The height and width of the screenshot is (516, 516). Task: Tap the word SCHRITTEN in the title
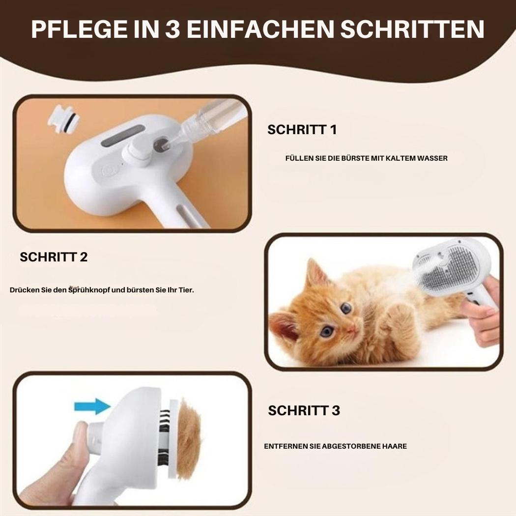pyautogui.click(x=412, y=29)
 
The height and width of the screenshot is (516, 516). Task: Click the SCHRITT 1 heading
pyautogui.click(x=302, y=130)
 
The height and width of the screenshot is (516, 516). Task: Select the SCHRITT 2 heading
pyautogui.click(x=54, y=257)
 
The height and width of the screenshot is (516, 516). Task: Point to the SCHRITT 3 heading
pyautogui.click(x=304, y=410)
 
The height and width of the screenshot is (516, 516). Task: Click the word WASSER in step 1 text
pyautogui.click(x=432, y=158)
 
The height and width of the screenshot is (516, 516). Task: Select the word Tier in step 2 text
pyautogui.click(x=185, y=290)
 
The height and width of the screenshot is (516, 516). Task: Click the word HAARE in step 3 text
pyautogui.click(x=394, y=446)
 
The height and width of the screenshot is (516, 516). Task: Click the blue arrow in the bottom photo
pyautogui.click(x=92, y=406)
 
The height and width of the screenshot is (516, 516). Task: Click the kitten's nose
pyautogui.click(x=352, y=329)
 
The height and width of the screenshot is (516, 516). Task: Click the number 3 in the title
pyautogui.click(x=172, y=29)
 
